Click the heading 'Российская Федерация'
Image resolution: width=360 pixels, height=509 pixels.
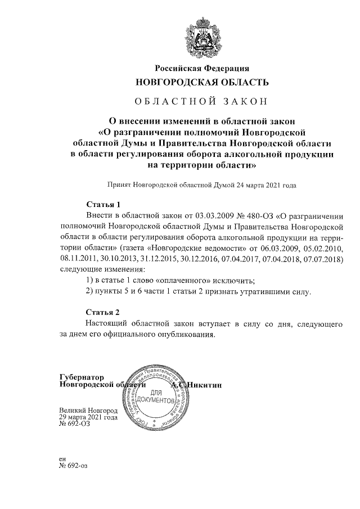[x=202, y=69]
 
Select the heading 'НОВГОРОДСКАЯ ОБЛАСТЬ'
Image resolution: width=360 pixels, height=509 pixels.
[x=202, y=82]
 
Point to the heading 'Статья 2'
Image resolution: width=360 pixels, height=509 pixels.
[x=103, y=312]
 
